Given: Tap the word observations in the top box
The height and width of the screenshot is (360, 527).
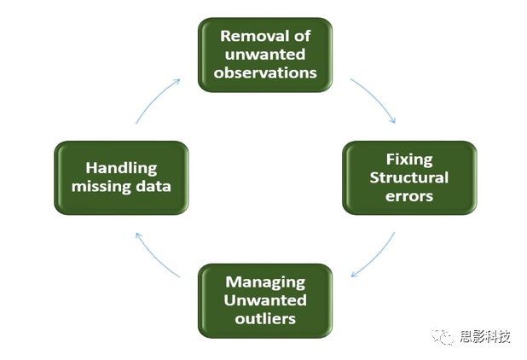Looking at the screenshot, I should point(265,73).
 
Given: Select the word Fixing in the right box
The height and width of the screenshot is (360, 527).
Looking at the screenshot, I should point(409,160).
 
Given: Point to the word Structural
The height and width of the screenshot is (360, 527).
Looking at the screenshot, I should point(409,177).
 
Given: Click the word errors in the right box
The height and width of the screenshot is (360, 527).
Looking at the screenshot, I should point(409,196).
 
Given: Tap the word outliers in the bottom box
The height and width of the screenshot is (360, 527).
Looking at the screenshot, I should point(265,319).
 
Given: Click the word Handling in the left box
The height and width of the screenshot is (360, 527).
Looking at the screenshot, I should point(121,169).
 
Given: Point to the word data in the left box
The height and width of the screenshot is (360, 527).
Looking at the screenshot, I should point(154,187).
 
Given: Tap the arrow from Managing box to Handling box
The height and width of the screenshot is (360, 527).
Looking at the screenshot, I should point(157,255).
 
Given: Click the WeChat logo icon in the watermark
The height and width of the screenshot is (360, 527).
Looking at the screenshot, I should point(443,336).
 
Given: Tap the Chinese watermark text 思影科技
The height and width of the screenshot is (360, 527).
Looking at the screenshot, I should point(484,336).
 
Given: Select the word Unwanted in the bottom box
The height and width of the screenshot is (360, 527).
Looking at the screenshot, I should point(265,300).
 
